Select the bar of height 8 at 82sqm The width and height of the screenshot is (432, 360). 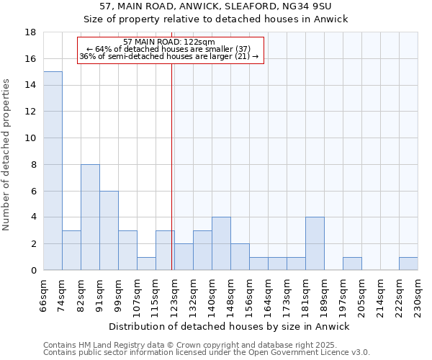(90, 217)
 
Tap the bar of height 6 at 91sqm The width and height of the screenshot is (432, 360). (109, 230)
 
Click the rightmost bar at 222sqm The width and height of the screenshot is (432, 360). (408, 264)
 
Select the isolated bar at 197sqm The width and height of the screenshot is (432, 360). (352, 264)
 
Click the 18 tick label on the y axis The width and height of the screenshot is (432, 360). (30, 32)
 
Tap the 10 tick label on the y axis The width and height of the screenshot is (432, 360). (30, 138)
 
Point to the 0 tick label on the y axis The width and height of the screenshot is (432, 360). (33, 271)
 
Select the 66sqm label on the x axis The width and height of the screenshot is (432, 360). (44, 294)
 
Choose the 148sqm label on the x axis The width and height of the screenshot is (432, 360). (231, 294)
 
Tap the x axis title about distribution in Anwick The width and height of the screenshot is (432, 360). (230, 326)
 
